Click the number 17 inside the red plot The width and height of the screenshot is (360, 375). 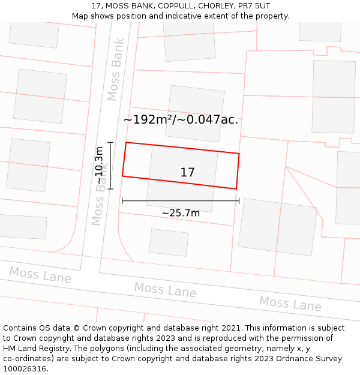pyautogui.click(x=187, y=173)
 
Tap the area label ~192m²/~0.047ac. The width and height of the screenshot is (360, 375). pyautogui.click(x=181, y=120)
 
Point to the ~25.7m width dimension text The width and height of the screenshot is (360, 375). pyautogui.click(x=181, y=213)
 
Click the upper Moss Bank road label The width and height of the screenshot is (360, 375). pyautogui.click(x=116, y=70)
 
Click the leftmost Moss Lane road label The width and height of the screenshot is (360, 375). pyautogui.click(x=40, y=275)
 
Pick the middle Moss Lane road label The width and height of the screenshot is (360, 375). pyautogui.click(x=165, y=290)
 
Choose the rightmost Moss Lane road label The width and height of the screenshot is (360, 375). pyautogui.click(x=290, y=304)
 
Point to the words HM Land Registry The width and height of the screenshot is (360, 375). pyautogui.click(x=34, y=349)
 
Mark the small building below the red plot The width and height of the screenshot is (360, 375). pyautogui.click(x=169, y=242)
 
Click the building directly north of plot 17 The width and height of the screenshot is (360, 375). pyautogui.click(x=194, y=113)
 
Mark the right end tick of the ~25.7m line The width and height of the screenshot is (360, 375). pyautogui.click(x=239, y=201)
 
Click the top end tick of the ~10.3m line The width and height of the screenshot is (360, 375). pyautogui.click(x=110, y=143)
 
